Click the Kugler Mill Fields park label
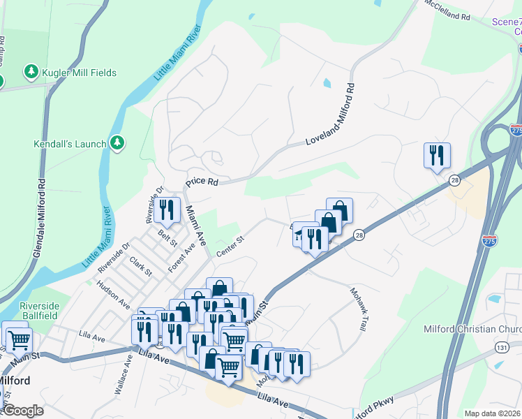[x=79, y=72]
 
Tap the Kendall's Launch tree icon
[x=118, y=144]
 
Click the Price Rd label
[x=202, y=182]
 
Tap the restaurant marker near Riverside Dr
[x=167, y=209]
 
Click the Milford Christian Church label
[x=472, y=329]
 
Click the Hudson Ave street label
[x=114, y=295]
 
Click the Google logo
[x=22, y=410]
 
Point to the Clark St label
[x=141, y=267]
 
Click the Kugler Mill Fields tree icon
[x=31, y=72]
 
